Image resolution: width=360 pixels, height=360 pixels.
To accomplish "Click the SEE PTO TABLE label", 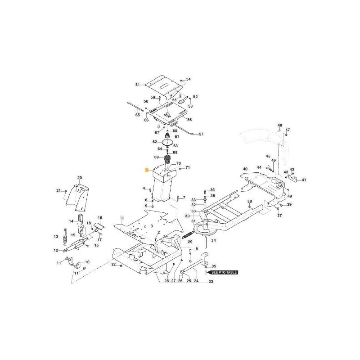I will [222, 273].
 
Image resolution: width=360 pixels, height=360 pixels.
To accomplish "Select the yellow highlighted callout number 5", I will [146, 170].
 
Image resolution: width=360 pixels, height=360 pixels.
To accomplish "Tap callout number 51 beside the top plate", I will [138, 84].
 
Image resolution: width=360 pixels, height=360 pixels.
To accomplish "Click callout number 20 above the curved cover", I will [80, 178].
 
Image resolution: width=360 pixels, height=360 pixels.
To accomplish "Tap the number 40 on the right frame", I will [245, 169].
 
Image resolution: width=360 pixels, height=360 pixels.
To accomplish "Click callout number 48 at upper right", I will [279, 125].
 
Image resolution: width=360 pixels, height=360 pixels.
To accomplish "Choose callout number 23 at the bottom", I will [210, 282].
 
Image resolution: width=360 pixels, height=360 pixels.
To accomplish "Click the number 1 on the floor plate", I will [121, 217].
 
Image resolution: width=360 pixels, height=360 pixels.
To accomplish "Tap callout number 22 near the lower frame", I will [114, 264].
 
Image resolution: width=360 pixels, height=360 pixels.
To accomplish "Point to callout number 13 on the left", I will [56, 236].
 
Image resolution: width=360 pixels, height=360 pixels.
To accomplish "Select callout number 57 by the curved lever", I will [201, 134].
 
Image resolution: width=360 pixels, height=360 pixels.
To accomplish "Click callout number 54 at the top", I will [189, 79].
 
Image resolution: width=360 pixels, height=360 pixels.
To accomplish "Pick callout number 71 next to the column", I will [188, 167].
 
